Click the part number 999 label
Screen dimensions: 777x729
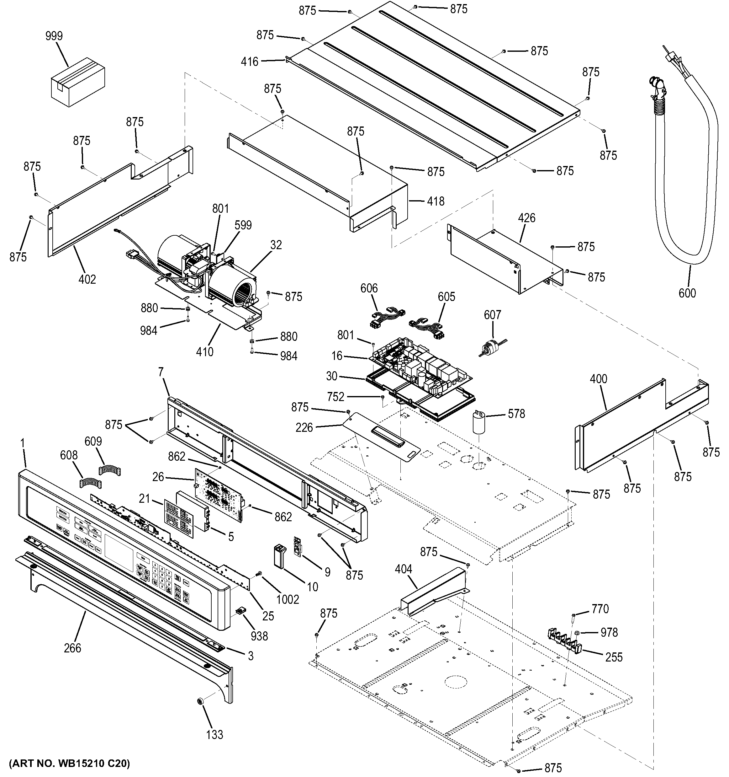pos(54,36)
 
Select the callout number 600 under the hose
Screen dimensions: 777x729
pos(687,293)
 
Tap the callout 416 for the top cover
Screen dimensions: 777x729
pos(250,62)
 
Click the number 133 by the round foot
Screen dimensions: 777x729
pos(214,734)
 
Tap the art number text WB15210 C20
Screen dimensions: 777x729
pos(69,763)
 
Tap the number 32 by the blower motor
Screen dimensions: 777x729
pos(276,245)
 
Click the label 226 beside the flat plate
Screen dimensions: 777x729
pos(304,428)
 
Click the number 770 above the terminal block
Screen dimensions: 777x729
pos(600,608)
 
